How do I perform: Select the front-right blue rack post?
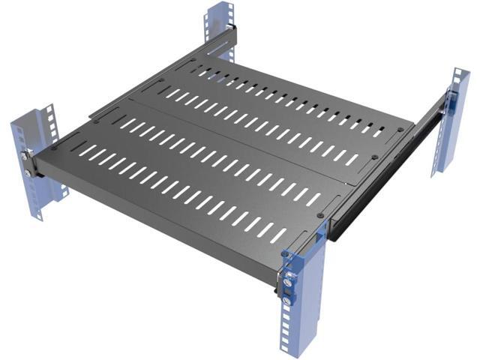coord(307,315)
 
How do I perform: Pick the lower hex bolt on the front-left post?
coord(28,172)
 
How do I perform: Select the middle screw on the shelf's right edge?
coord(373,157)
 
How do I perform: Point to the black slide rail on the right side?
coord(375,195)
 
